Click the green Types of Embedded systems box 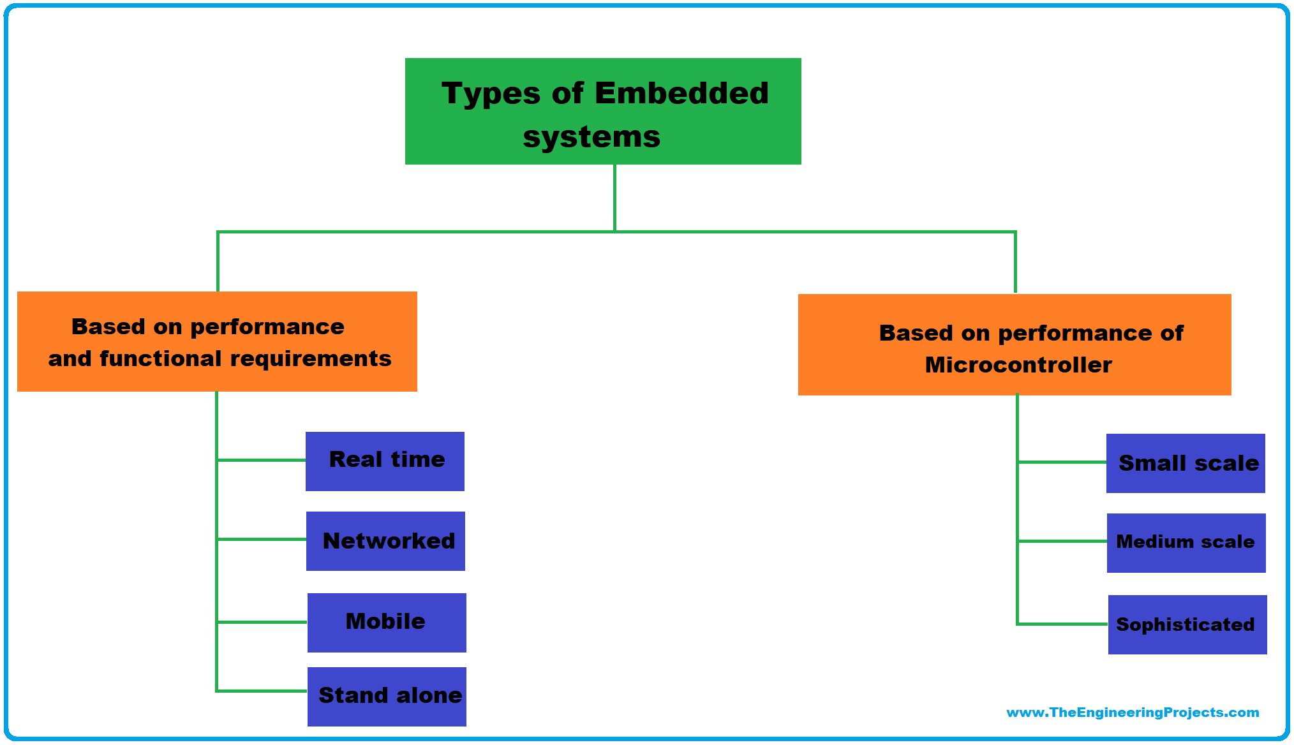click(603, 111)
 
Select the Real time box click(385, 461)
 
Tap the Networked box click(385, 541)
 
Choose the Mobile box click(387, 623)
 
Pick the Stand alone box click(387, 697)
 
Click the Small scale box click(1186, 463)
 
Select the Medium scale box click(1186, 543)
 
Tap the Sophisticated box click(1187, 624)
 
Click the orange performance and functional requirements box click(217, 341)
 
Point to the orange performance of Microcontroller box click(1015, 344)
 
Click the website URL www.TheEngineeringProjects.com click(1133, 712)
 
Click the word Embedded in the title click(681, 94)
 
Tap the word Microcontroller click(1018, 365)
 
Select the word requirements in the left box click(310, 358)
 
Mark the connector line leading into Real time click(262, 459)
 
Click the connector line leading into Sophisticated click(1062, 624)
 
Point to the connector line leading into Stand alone click(262, 690)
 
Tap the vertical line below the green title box click(614, 198)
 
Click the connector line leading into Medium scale click(1062, 541)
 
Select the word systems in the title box click(591, 137)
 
